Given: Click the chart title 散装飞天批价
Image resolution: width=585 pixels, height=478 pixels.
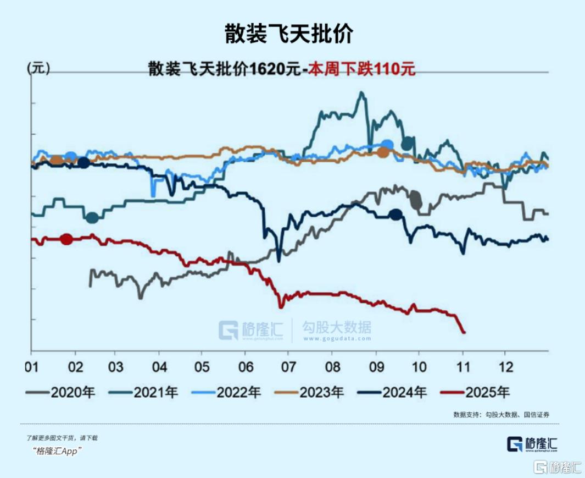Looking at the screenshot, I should point(288,34).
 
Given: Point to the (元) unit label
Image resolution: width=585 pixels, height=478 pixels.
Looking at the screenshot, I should point(38,68).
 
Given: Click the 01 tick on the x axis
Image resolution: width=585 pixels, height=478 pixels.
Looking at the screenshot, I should point(31,366).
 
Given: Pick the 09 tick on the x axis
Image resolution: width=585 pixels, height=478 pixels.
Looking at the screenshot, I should point(376,366).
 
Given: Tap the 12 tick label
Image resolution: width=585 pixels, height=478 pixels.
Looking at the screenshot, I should point(505,366).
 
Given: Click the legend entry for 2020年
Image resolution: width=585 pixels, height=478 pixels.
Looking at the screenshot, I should point(60,392).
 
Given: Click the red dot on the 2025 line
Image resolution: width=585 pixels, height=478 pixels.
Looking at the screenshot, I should point(66,239).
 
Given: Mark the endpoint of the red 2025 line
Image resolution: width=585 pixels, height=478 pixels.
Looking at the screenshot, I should point(464,332).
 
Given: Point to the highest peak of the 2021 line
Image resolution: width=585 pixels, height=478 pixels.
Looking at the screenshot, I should point(361,92).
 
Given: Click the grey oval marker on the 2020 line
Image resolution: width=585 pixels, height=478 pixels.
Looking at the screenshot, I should point(416,199).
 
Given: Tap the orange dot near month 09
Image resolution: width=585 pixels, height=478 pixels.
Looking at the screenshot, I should point(383,152).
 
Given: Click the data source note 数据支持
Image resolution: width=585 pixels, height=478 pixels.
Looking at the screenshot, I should point(501,415).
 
